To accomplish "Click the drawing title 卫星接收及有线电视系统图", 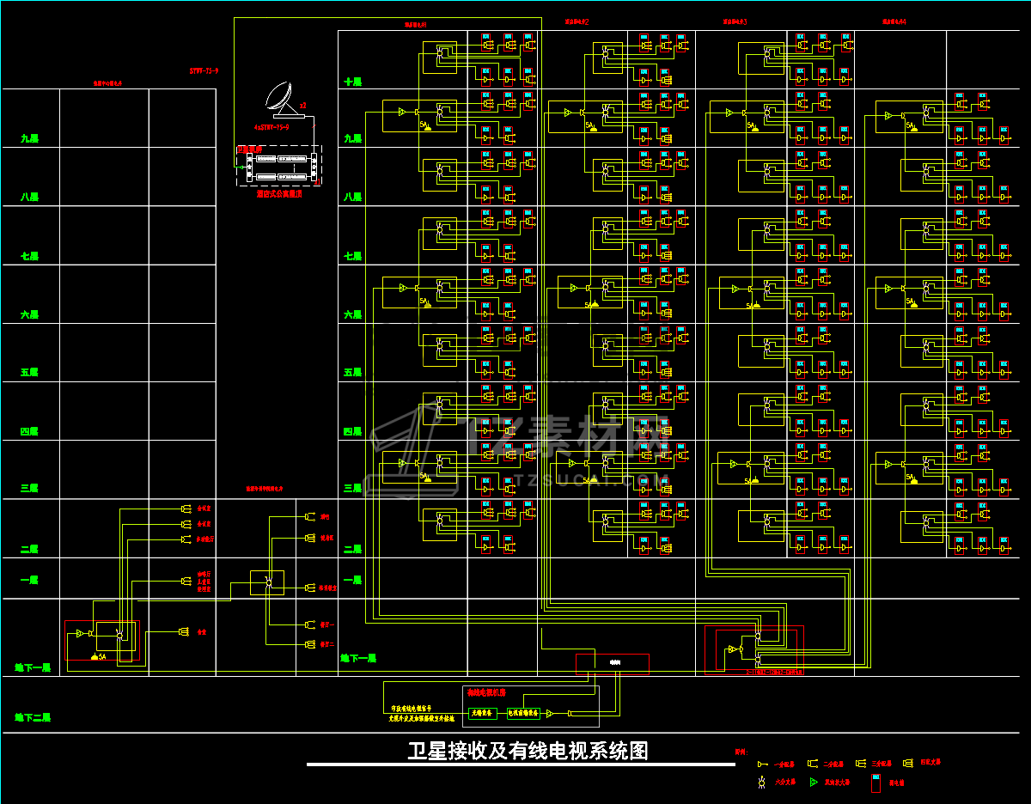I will tap(528, 751).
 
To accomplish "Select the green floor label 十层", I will tap(353, 82).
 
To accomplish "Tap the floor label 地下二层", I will tap(33, 716).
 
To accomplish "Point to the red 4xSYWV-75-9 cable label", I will tap(271, 126).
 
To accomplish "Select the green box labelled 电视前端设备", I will tap(523, 712).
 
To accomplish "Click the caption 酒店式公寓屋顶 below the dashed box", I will tap(278, 194).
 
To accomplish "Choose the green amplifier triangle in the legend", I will tap(814, 783).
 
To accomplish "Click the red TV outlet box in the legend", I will tap(875, 783).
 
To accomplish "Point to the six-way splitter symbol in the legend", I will tap(760, 783).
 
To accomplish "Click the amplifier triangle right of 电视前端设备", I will tap(551, 713).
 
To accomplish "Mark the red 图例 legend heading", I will tap(741, 751).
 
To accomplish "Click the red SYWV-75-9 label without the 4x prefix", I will tap(204, 71).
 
